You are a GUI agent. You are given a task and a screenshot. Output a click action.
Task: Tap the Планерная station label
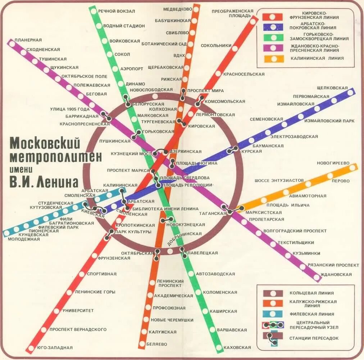click(x=28, y=40)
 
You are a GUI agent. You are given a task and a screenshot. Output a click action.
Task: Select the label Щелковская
click(x=332, y=88)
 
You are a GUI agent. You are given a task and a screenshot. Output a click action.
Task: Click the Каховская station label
click(x=237, y=347)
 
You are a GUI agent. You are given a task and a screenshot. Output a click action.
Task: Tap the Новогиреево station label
click(x=333, y=163)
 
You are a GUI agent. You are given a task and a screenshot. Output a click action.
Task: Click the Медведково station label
click(x=178, y=9)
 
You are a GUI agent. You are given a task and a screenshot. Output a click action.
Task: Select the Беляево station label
click(x=157, y=344)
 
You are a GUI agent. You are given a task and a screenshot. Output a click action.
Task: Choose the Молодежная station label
click(x=24, y=239)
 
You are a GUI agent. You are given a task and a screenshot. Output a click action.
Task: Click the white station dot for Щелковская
click(x=350, y=92)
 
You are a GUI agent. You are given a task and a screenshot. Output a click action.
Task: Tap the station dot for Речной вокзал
click(x=94, y=11)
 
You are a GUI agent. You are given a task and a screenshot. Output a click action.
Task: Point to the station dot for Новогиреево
click(x=352, y=167)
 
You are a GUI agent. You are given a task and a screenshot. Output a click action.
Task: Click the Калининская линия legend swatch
click(x=274, y=58)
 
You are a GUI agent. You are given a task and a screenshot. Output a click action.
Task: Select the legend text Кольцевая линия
click(x=311, y=293)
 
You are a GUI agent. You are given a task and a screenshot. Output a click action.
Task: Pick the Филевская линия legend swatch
click(x=273, y=314)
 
